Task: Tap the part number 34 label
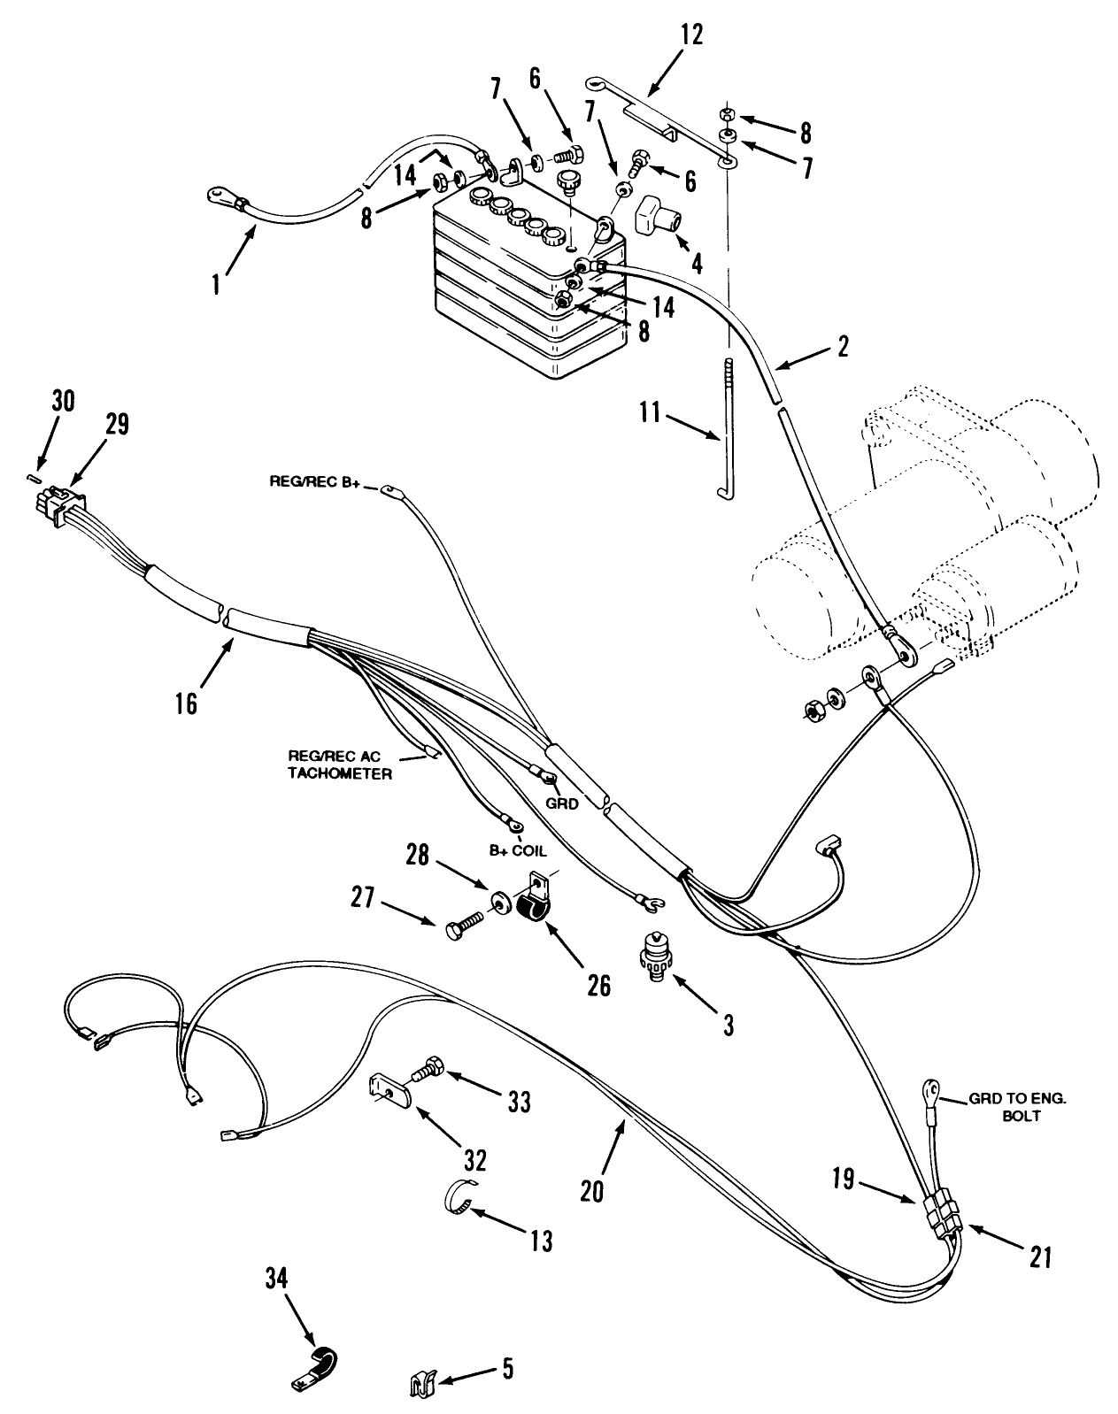coord(276,1277)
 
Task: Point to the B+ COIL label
coord(518,851)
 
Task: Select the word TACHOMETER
coord(340,773)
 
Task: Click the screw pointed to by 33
coord(428,1067)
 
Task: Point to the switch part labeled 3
coord(655,957)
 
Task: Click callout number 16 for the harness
coord(186,704)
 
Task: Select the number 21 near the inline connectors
coord(1040,1256)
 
